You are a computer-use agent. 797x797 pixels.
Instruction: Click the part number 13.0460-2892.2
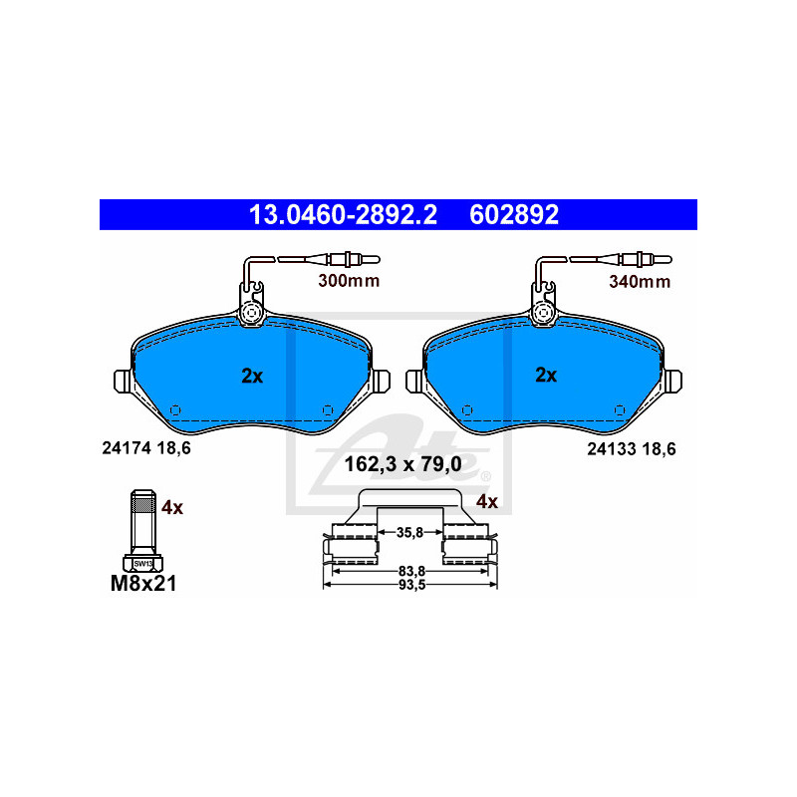coord(343,214)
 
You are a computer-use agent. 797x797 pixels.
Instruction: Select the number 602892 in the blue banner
coord(514,214)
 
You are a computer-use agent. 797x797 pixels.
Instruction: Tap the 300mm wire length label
coord(349,281)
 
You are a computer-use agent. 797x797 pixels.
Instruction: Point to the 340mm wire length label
coord(640,282)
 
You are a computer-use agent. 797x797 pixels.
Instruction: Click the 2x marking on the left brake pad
coord(252,377)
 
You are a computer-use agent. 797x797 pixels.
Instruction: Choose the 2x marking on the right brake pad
coord(546,376)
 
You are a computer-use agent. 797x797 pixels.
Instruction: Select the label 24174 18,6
coord(146,447)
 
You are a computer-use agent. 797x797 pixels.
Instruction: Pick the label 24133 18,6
coord(632,449)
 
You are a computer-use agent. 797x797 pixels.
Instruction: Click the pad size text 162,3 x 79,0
coord(403,464)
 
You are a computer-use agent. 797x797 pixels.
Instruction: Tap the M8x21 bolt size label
coord(143,584)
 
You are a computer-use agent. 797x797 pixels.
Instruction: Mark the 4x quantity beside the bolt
coord(172,507)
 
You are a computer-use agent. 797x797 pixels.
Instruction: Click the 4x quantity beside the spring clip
coord(487,502)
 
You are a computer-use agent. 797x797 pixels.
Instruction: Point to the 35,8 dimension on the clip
coord(410,532)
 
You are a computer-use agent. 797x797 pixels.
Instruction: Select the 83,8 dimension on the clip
coord(411,571)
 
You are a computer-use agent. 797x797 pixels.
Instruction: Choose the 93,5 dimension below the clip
coord(411,585)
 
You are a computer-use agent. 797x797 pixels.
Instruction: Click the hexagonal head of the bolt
coord(142,563)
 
